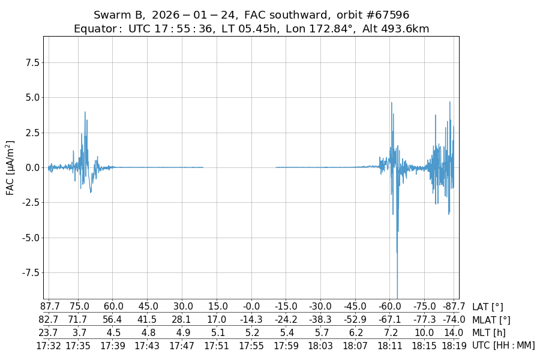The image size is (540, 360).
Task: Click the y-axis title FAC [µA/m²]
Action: pos(10,167)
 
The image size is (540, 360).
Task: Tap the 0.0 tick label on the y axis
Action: pos(31,167)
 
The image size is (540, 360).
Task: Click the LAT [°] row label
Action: pos(488,307)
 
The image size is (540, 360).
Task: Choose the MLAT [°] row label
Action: pos(491,320)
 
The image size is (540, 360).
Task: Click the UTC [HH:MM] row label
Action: pos(503,346)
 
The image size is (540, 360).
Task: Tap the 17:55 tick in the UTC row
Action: pos(251,346)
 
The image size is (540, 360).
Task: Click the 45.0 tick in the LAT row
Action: pos(148,307)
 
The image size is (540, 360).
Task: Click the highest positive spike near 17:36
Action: pos(85,112)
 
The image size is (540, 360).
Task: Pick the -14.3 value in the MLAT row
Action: pos(251,320)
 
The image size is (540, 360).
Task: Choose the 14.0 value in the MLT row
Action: pos(454,332)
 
